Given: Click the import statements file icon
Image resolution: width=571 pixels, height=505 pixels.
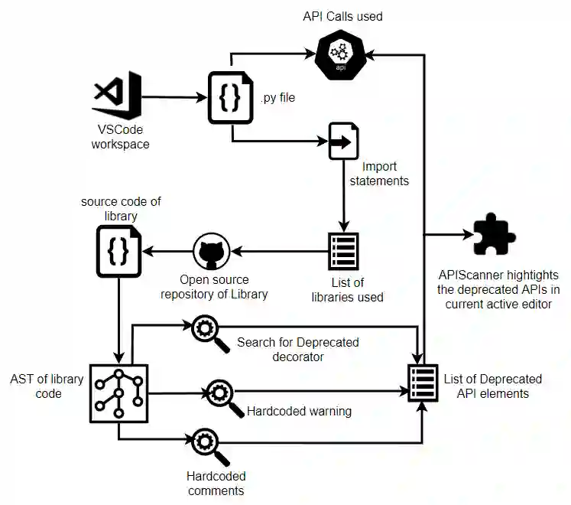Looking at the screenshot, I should click(344, 141).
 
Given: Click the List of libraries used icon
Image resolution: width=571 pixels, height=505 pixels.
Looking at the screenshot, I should click(343, 251).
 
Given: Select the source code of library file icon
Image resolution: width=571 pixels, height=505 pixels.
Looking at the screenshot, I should click(118, 252).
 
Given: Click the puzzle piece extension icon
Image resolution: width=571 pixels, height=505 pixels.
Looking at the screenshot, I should click(495, 235).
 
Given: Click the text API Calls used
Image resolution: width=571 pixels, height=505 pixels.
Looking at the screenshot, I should click(342, 15).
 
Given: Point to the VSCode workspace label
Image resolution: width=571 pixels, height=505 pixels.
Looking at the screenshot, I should click(121, 135).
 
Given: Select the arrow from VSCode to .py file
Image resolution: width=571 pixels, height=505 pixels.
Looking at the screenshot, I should click(173, 97).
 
